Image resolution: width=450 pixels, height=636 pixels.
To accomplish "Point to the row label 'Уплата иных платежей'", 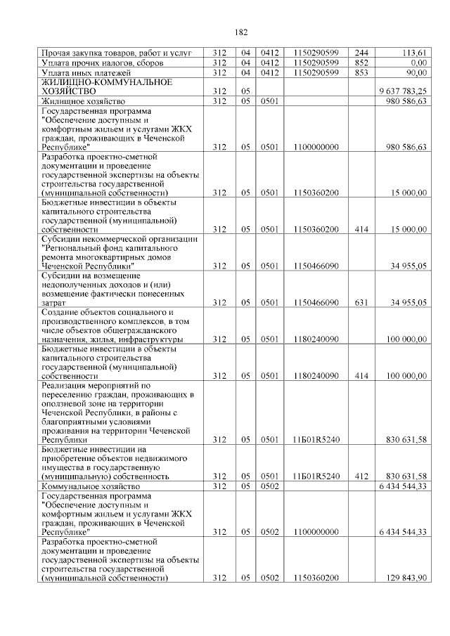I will pos(86,72).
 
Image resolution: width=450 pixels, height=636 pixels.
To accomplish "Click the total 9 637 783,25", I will pos(403,91).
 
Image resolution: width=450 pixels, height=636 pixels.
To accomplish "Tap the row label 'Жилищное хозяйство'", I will pos(82,101).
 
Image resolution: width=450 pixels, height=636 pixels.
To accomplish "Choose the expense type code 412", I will pos(361,476).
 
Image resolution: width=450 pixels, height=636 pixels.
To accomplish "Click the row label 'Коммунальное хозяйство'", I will pos(91,486).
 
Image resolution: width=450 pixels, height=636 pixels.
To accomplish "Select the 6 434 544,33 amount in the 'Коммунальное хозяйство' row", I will pos(403,486).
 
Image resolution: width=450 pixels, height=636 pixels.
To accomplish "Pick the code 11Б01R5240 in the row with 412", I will pos(316,476).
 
